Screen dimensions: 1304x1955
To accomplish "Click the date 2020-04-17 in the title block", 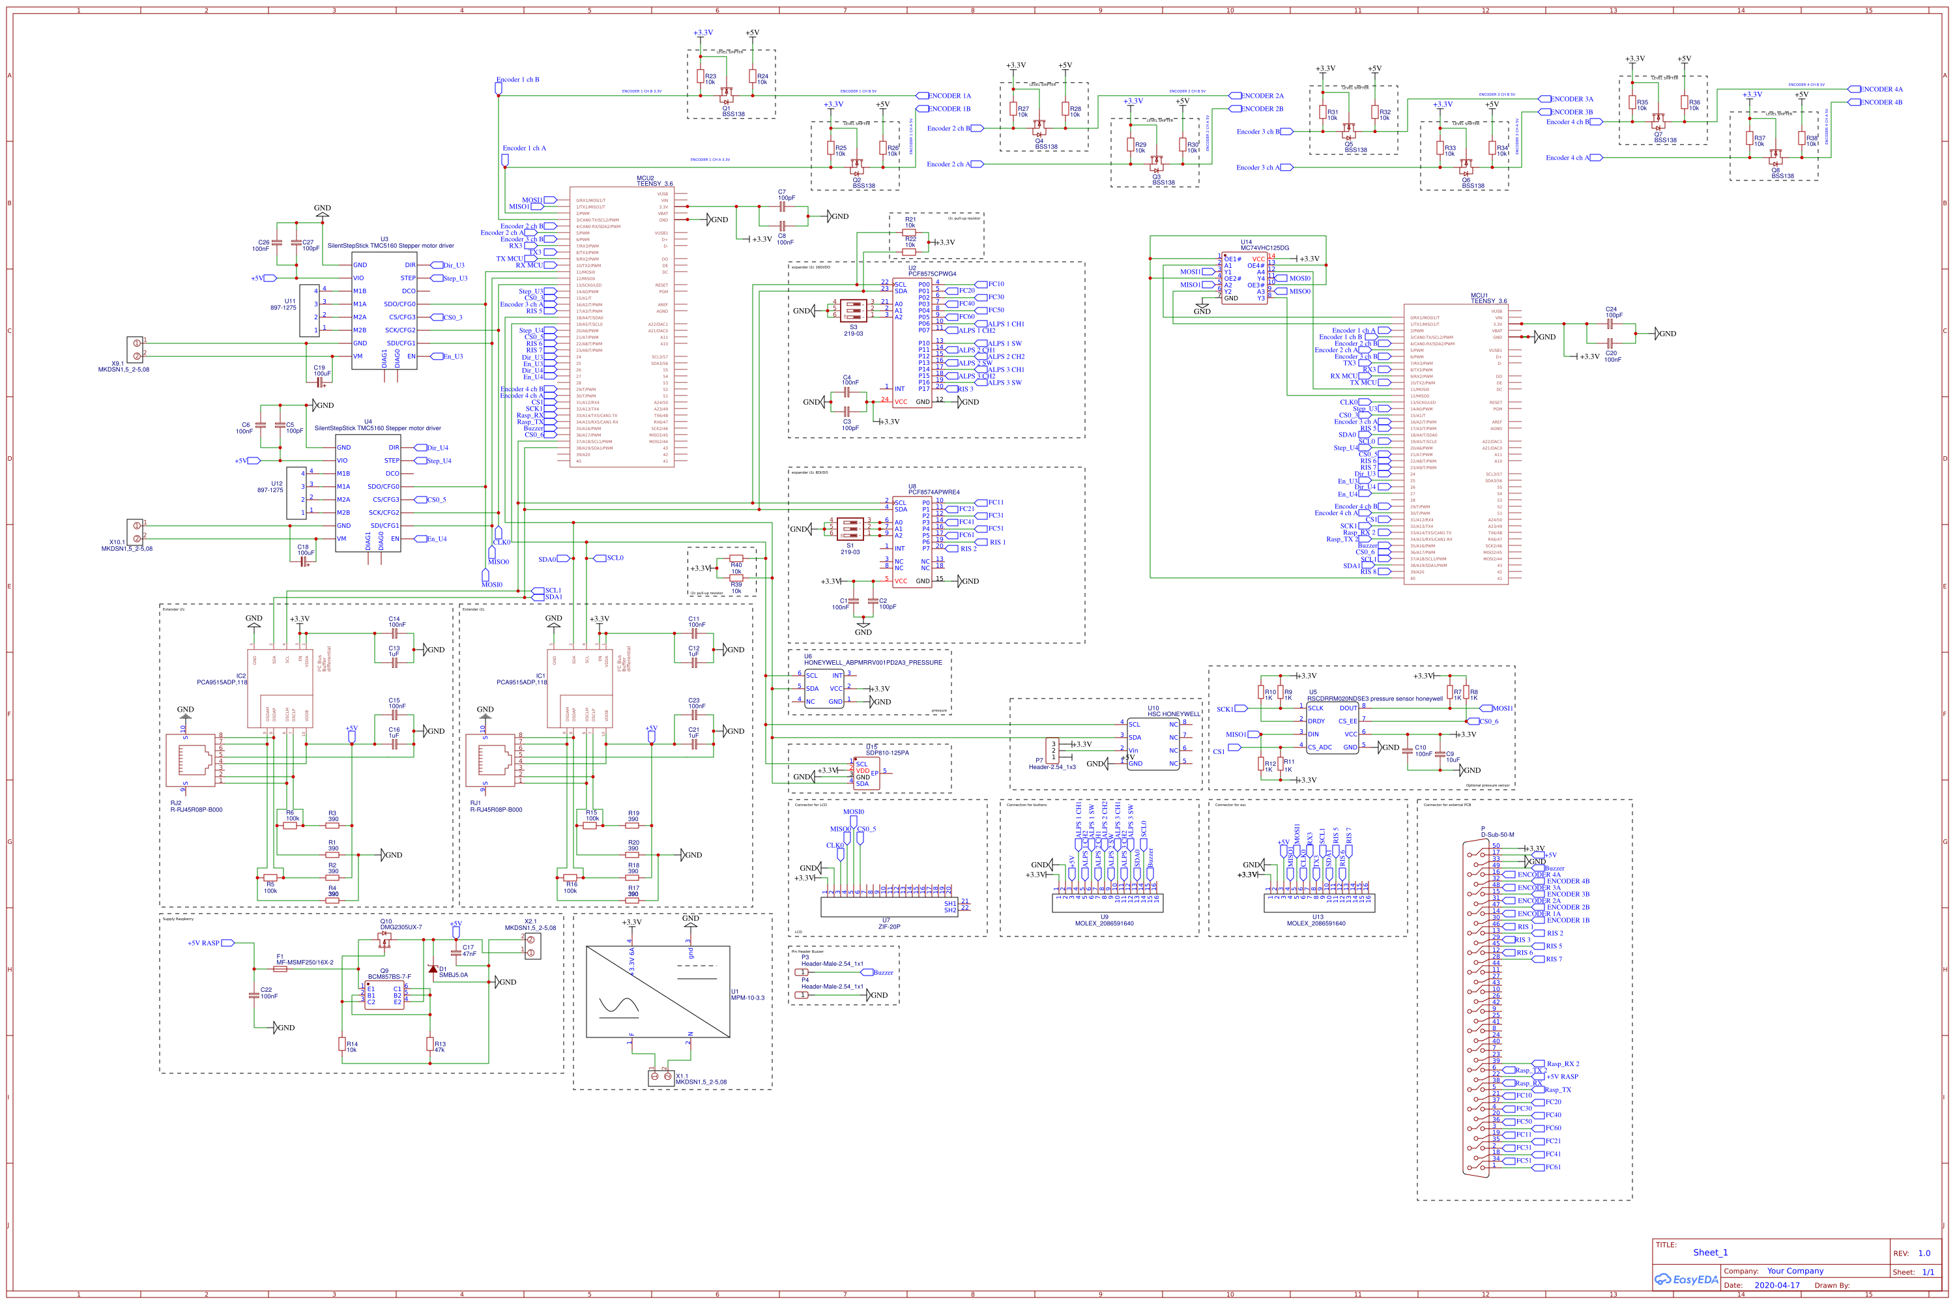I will (x=1776, y=1285).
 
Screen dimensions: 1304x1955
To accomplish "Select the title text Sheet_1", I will (x=1710, y=1253).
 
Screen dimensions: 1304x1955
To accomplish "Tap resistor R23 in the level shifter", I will (x=700, y=76).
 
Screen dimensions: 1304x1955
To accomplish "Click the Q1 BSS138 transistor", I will (x=726, y=94).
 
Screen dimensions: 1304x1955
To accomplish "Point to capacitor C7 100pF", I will (x=781, y=206).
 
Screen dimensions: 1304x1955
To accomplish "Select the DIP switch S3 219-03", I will (x=853, y=310).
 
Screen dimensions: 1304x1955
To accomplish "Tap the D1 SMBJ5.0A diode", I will (x=433, y=969).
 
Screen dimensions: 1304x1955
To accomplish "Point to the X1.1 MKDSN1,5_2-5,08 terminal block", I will (x=662, y=1077).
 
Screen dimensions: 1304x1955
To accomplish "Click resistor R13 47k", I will (x=430, y=1044).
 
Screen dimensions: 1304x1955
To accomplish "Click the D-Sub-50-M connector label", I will (x=1497, y=834).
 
